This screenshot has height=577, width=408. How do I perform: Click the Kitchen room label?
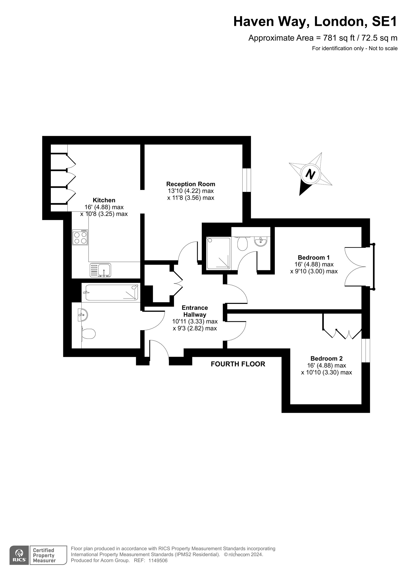coord(104,200)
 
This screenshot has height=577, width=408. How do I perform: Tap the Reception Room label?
coord(191,184)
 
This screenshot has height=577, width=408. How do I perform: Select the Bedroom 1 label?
coord(314,258)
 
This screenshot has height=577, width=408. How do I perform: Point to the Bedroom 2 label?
coord(326,359)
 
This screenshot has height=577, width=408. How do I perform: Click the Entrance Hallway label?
coord(195,311)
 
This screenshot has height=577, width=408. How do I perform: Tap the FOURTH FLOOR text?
coord(238,364)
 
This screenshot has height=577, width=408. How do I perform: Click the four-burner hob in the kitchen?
coord(80,237)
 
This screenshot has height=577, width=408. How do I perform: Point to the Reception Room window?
coord(247,181)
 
